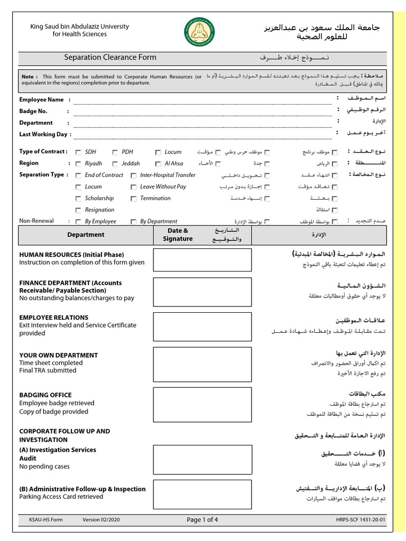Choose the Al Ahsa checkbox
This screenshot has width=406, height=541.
click(x=158, y=164)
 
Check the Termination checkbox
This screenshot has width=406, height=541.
click(x=134, y=199)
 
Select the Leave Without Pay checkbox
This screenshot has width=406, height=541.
click(x=134, y=187)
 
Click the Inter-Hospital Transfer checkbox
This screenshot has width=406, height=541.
click(x=134, y=175)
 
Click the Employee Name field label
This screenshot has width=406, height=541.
click(x=41, y=99)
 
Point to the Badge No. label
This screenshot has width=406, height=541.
click(x=33, y=111)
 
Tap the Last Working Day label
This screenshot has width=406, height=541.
click(x=43, y=134)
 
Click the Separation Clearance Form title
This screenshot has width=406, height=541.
click(x=110, y=57)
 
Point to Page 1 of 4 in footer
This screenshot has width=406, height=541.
click(x=202, y=520)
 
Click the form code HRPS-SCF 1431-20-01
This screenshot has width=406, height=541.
click(x=361, y=520)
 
